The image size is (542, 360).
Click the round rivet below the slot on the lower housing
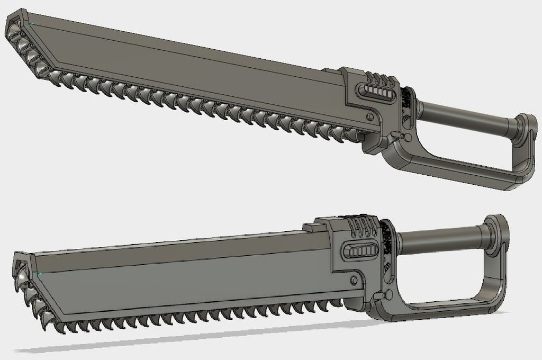(x=352, y=278)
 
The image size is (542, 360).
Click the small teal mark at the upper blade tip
(x=31, y=24)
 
